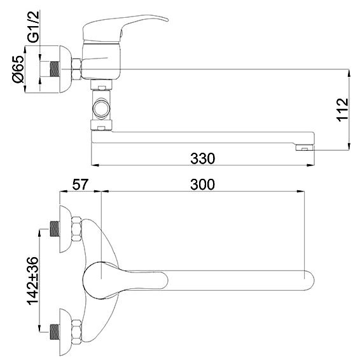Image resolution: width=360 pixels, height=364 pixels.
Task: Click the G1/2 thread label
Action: pos(34,27)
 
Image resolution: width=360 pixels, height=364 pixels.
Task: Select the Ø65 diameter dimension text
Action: pos(18,69)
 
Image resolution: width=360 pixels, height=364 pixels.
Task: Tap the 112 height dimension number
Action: pos(343,109)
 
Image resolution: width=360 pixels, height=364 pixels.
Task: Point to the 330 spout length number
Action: pos(202,158)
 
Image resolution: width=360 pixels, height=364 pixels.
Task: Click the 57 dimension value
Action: pos(80,185)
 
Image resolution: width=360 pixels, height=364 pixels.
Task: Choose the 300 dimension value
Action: pos(202,185)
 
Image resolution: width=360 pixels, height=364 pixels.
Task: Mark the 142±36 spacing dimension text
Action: pos(32,281)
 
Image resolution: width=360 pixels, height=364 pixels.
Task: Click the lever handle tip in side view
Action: pos(167,20)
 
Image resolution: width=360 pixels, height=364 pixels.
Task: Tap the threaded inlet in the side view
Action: pos(55,69)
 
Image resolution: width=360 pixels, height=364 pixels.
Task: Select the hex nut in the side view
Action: pos(77,69)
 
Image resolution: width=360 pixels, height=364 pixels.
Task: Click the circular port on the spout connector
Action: pos(101,108)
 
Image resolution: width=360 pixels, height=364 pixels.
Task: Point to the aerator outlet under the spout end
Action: pos(305,148)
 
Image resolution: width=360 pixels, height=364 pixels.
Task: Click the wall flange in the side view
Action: pos(65,69)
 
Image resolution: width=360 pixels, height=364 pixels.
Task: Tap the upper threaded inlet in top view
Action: pos(55,229)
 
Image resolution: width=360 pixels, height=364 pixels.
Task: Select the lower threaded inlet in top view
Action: pos(55,332)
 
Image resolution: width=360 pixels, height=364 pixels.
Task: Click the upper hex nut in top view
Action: pos(77,229)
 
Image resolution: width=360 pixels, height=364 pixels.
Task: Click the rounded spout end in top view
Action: pos(309,281)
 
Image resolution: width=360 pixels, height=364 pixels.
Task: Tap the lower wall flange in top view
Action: pos(65,332)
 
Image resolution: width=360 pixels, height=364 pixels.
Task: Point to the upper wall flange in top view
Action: pos(65,229)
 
